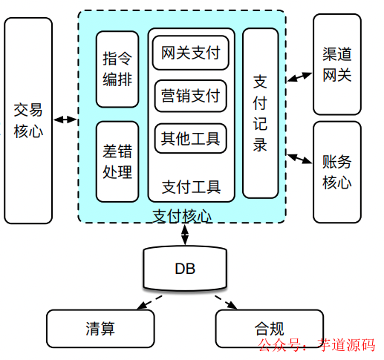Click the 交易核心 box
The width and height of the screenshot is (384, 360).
point(28,120)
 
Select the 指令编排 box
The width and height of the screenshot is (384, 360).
point(117,68)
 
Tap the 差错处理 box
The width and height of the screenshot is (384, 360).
point(117,161)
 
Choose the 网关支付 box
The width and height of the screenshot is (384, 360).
point(191,53)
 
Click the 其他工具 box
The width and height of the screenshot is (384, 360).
point(191,137)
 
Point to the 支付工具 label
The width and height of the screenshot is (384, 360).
point(191,186)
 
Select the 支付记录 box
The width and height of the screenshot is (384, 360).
point(260,113)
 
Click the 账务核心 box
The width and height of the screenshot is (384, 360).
point(337,171)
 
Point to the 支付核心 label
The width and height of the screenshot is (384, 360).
point(182,216)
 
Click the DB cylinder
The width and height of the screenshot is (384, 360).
point(184,269)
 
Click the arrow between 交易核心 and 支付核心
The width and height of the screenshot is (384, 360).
point(65,120)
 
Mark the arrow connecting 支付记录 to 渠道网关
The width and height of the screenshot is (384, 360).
point(299,76)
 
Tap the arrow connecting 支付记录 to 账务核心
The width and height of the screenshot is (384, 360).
point(299,158)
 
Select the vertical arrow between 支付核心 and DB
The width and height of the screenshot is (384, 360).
point(184,234)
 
